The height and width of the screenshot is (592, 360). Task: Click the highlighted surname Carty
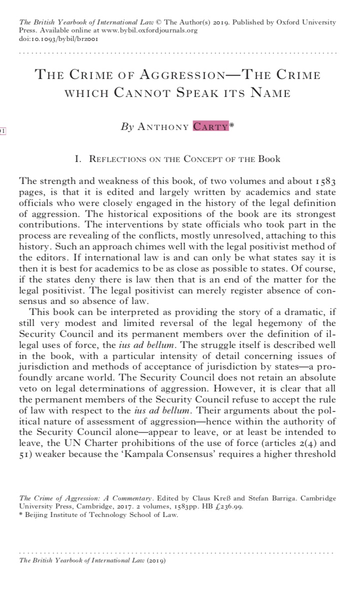click(x=210, y=127)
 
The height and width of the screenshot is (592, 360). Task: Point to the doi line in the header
click(x=45, y=38)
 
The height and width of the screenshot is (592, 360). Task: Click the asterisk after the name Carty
click(x=232, y=125)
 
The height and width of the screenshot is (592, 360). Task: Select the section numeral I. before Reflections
click(x=77, y=159)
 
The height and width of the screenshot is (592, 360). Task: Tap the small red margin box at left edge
click(x=2, y=131)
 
